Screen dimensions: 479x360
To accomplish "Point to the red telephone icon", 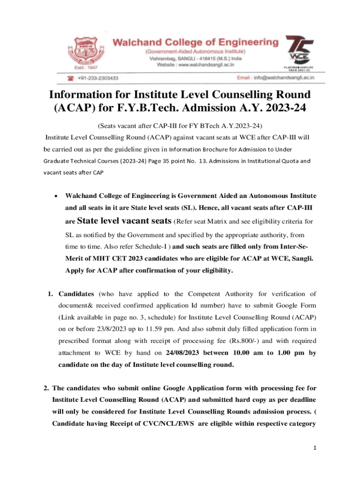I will pyautogui.click(x=72, y=78).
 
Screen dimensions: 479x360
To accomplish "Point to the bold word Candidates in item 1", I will pyautogui.click(x=77, y=294).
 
